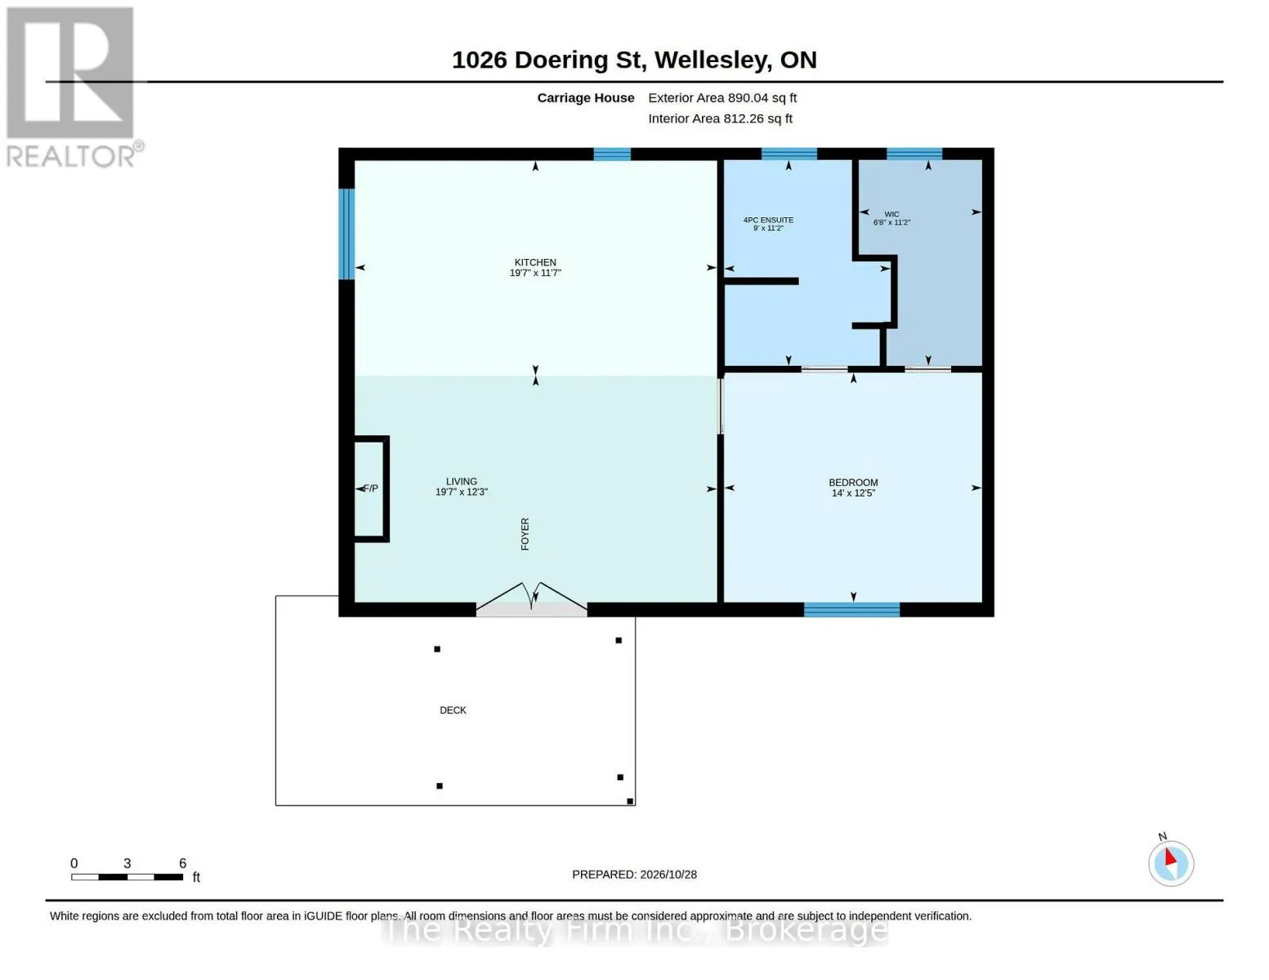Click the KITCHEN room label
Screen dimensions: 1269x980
pos(535,263)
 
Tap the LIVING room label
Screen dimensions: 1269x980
pos(462,482)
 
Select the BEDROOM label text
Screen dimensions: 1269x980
pos(853,483)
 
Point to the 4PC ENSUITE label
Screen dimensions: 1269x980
pos(768,220)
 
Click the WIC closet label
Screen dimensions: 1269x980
pos(891,214)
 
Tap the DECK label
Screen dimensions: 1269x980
pos(453,710)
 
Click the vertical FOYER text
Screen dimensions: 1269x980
pos(525,534)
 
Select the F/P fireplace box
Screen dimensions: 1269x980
pos(372,489)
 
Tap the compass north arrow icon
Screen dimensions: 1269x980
pos(1171,862)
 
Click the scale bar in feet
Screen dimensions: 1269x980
pos(127,877)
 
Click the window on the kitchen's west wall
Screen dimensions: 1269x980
pos(347,234)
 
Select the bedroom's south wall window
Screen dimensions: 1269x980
pos(851,610)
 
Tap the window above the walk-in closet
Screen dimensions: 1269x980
pos(914,154)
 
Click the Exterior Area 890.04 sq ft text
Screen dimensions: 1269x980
pos(722,98)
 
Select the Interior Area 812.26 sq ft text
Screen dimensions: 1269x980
pos(720,118)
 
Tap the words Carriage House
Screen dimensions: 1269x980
pos(586,98)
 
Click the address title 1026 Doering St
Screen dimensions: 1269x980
pos(549,60)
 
